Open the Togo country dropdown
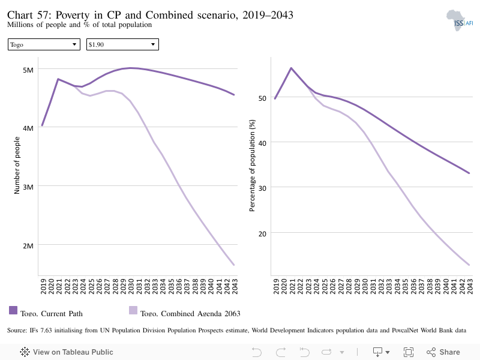(x=44, y=44)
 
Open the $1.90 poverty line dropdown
(x=122, y=44)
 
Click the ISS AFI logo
(x=460, y=20)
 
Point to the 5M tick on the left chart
(x=28, y=70)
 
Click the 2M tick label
(x=28, y=246)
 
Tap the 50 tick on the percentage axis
(x=262, y=98)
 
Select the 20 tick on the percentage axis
(x=262, y=234)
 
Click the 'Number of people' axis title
(x=17, y=166)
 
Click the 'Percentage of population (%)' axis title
(x=252, y=166)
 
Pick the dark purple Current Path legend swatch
(x=13, y=310)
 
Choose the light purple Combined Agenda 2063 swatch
(x=133, y=310)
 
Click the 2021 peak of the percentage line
(x=291, y=68)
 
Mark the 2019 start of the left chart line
(x=42, y=125)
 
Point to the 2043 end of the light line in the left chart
(x=234, y=265)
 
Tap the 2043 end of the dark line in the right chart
(x=469, y=173)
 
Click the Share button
(x=443, y=352)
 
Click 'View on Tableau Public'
(x=67, y=352)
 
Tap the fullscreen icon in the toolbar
(x=409, y=352)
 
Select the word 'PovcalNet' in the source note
(x=405, y=331)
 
